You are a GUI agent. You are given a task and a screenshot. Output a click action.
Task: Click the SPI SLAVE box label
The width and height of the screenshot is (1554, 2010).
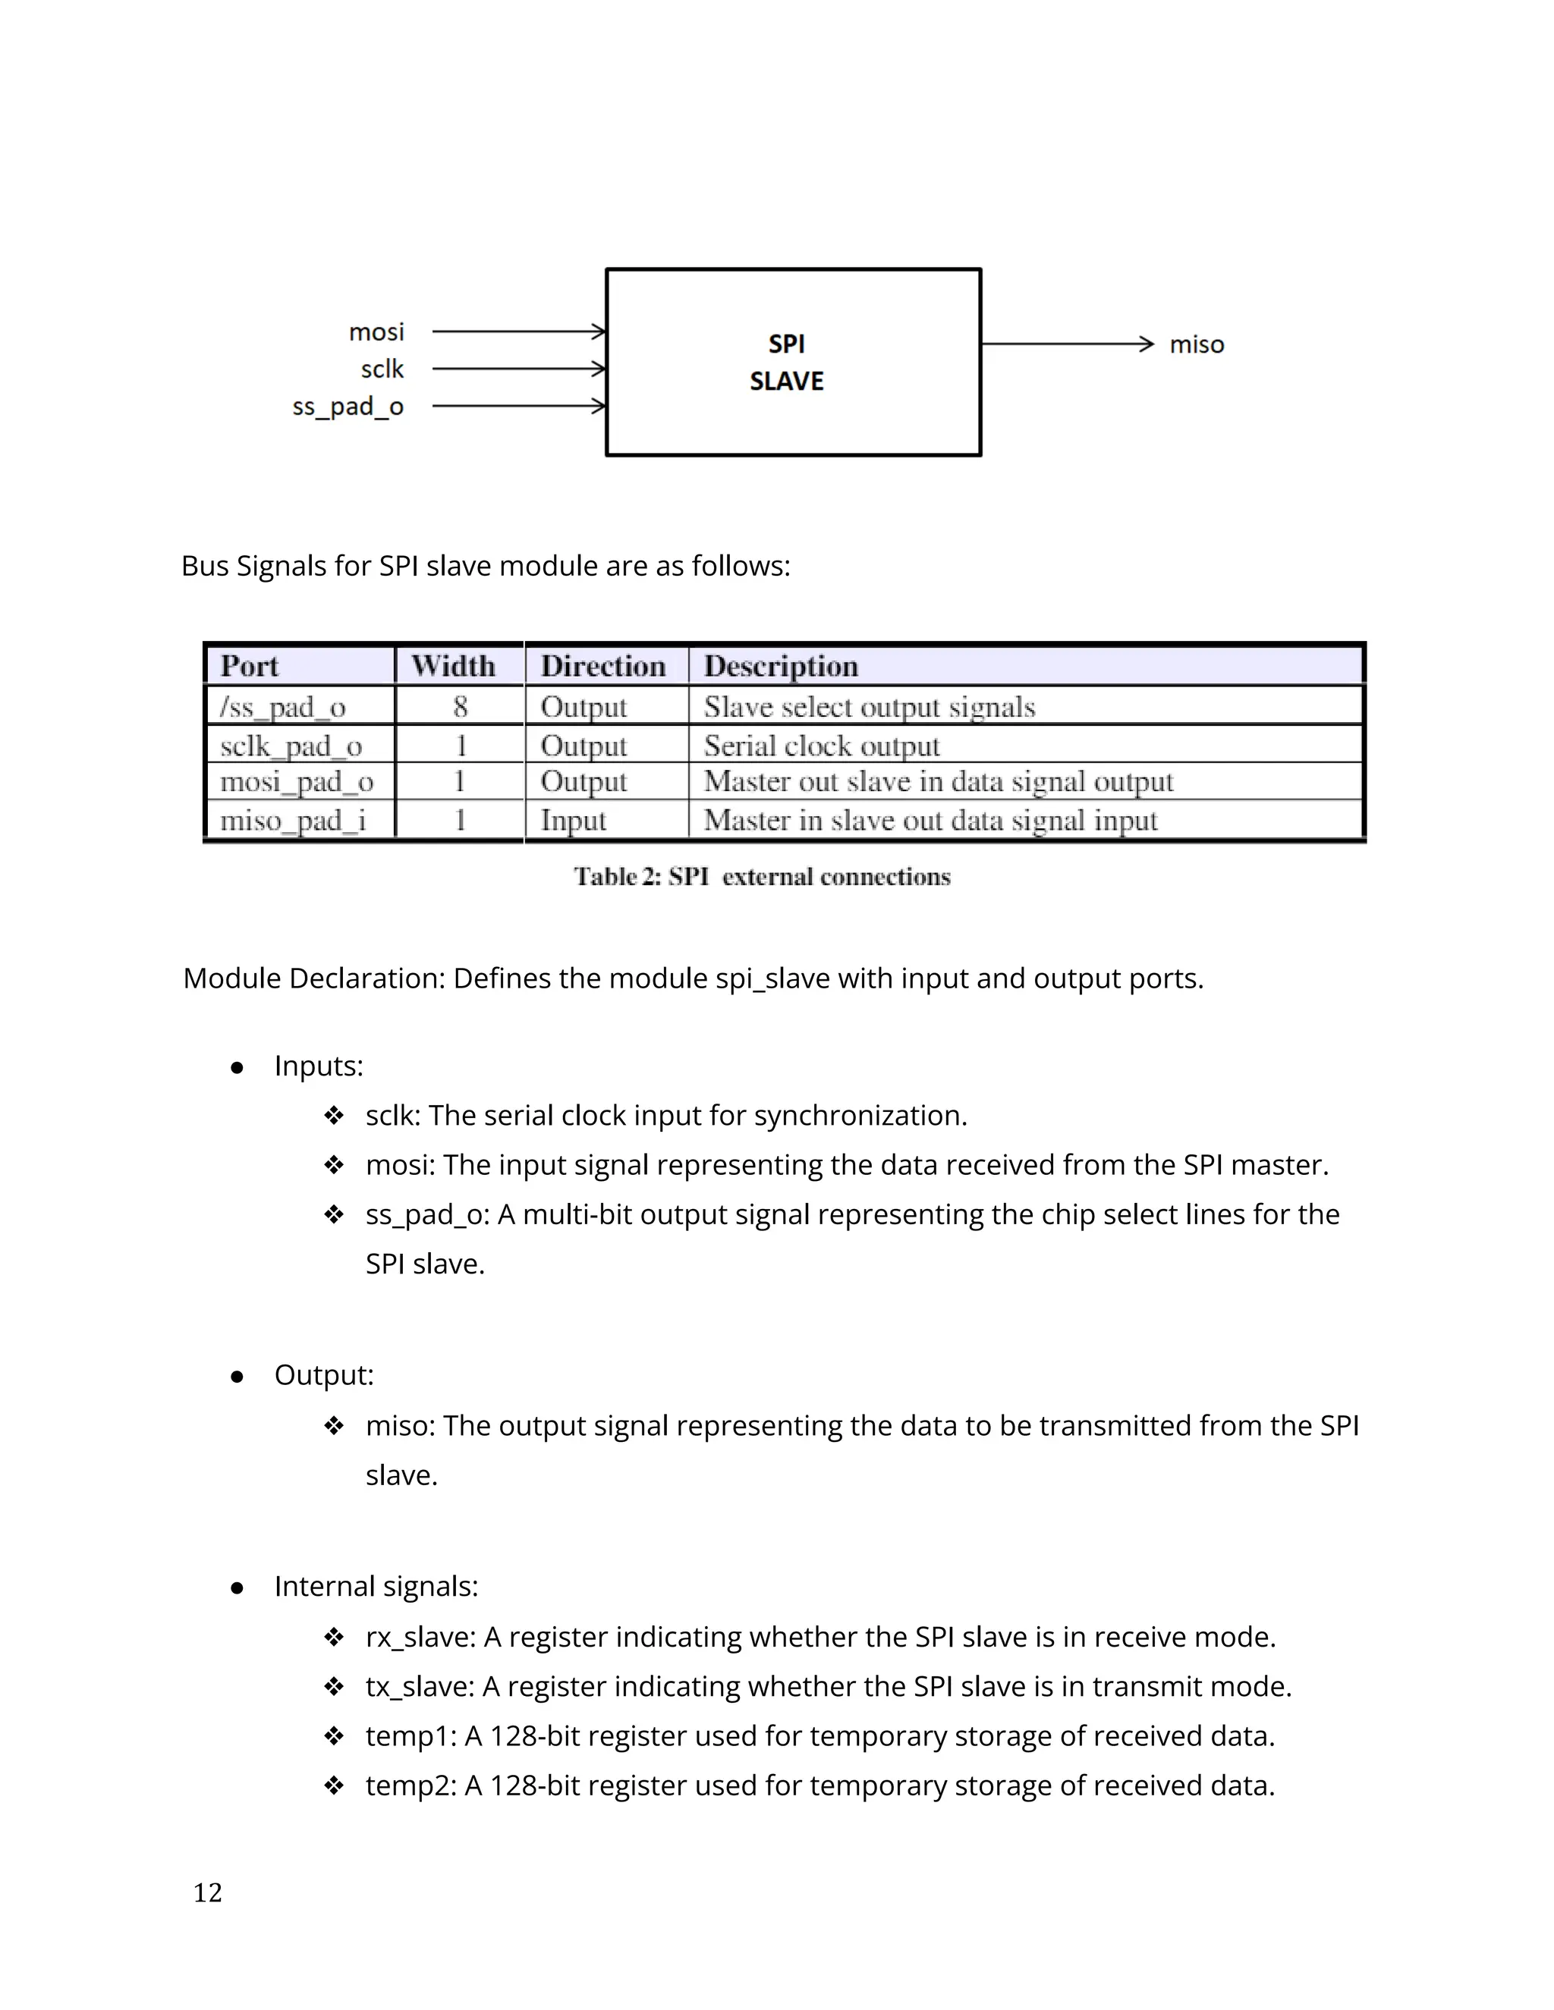point(786,362)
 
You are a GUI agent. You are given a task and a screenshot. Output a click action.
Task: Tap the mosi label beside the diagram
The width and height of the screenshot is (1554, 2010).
point(376,331)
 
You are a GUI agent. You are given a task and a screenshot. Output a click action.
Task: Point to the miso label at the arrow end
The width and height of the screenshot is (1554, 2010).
point(1196,344)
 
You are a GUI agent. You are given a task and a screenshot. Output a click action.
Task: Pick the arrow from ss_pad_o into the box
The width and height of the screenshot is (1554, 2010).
point(518,406)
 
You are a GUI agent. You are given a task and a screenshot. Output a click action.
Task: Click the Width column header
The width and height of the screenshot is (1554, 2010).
point(453,665)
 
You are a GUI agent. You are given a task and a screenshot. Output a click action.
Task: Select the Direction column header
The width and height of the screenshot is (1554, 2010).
point(603,665)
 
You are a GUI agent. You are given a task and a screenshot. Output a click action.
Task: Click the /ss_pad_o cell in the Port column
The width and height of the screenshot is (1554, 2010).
point(282,707)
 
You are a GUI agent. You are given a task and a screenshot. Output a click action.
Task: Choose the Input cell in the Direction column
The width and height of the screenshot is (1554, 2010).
point(573,820)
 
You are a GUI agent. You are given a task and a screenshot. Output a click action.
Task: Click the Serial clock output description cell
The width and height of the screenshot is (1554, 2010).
point(821,746)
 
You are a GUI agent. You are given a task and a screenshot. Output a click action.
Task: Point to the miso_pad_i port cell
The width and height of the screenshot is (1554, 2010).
point(293,820)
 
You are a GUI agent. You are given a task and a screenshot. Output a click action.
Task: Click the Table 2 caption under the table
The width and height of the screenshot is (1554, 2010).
point(761,876)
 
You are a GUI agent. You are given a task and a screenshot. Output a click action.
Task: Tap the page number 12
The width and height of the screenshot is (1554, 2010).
point(208,1892)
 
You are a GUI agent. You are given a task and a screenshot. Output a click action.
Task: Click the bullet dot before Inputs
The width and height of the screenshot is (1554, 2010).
point(237,1068)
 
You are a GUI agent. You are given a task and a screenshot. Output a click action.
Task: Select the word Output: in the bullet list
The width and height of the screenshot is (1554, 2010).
point(324,1375)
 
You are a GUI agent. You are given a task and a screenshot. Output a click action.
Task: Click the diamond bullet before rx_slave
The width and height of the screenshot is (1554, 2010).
point(333,1638)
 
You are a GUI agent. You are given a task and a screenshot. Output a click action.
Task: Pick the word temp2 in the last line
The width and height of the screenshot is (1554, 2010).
point(410,1786)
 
